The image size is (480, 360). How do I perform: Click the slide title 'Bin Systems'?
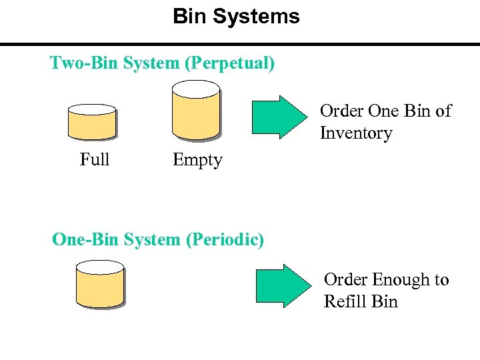pos(236,16)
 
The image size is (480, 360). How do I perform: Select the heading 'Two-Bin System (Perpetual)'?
pos(162,63)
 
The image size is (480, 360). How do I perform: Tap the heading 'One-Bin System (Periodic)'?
pos(158,239)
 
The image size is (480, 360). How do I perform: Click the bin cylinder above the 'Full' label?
pos(92,123)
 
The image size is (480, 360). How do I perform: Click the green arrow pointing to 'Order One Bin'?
pos(276,117)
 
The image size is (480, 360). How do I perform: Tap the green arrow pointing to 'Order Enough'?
pos(280,286)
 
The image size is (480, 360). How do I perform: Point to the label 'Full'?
pos(95,160)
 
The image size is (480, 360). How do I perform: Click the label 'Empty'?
pos(197,160)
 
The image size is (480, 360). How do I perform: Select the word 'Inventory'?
pos(356,133)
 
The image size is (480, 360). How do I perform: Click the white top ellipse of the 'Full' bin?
pos(92,110)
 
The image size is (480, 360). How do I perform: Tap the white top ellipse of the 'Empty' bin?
pos(195,87)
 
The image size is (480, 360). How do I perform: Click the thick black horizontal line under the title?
pos(240,45)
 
